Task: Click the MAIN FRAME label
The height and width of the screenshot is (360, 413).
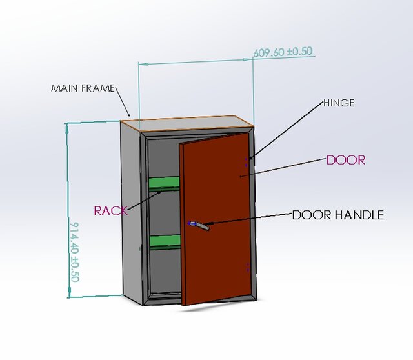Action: point(83,88)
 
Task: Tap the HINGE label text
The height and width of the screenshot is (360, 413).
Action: point(339,103)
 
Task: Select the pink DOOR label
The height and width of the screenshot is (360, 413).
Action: point(346,160)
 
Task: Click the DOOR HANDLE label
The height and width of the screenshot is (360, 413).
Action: point(338,215)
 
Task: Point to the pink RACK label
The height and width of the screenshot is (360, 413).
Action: point(111,211)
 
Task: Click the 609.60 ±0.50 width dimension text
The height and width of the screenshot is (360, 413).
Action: point(283,52)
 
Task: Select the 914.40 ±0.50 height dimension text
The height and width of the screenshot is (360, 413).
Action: point(75,252)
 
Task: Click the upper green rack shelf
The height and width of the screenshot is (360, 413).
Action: point(165,184)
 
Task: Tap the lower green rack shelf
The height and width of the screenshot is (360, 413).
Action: point(165,243)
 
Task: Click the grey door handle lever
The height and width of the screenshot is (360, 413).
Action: point(201,225)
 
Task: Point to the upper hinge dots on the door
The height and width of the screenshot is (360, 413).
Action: point(247,162)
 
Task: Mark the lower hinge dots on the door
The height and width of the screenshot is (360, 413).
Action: point(248,267)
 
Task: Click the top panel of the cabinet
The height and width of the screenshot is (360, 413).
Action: point(187,123)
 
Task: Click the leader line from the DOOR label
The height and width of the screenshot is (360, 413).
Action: point(283,168)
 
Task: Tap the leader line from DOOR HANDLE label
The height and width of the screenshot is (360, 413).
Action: point(248,219)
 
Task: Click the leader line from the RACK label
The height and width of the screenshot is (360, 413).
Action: point(145,201)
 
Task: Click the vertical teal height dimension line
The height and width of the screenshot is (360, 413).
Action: point(68,210)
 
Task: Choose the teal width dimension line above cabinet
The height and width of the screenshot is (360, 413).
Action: point(196,62)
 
